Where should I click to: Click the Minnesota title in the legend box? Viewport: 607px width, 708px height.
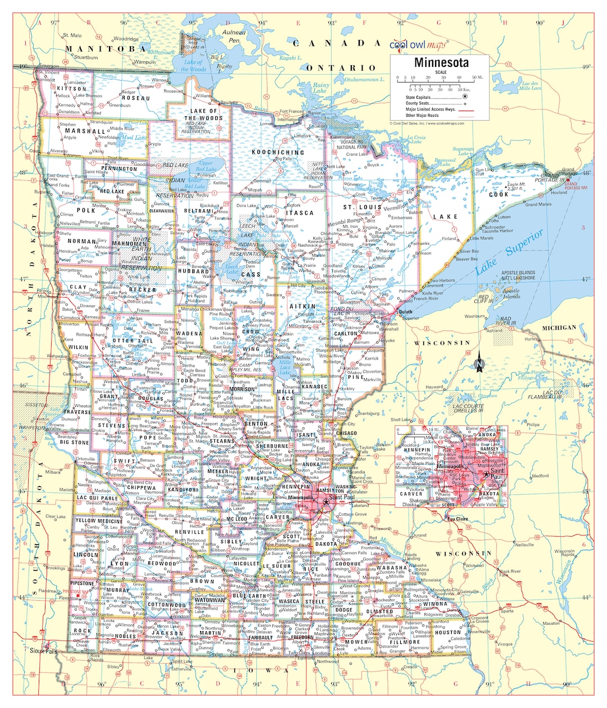441,62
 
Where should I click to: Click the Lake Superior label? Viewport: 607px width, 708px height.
509,251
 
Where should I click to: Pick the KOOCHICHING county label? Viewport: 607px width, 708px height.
278,152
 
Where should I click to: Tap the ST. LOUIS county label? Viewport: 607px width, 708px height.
363,207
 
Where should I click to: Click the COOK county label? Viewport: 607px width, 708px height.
499,194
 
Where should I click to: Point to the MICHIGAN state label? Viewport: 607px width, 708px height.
559,328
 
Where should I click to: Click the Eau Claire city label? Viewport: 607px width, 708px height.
457,519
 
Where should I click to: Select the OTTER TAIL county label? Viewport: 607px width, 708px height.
133,341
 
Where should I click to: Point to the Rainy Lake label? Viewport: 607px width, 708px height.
320,88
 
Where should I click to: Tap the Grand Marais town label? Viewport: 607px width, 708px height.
538,205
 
